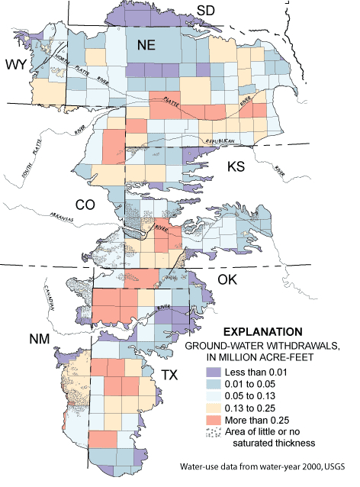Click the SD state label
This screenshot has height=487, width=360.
coord(206,10)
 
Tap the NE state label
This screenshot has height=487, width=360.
coord(146,47)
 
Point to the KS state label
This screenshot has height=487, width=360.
coord(239,166)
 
